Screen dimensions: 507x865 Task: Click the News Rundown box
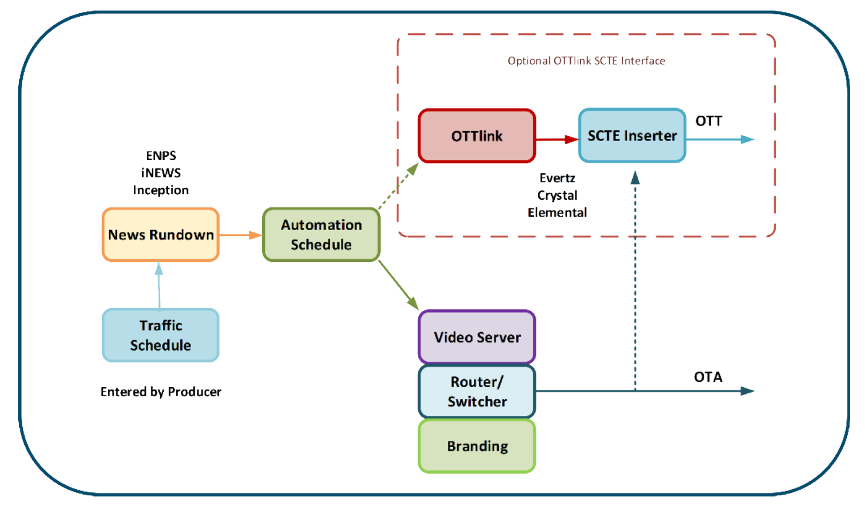161,235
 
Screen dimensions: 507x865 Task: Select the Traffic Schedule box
161,335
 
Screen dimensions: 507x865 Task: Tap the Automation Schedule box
321,235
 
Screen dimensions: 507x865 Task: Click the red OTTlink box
477,136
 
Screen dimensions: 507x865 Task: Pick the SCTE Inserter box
631,136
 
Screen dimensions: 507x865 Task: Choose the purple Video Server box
477,337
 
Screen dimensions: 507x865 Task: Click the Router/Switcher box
477,392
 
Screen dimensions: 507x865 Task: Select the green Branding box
477,446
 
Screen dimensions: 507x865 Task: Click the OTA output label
708,377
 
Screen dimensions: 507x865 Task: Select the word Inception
161,190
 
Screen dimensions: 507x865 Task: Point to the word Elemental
557,212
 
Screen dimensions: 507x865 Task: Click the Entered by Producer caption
161,391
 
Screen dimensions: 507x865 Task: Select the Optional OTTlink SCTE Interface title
586,61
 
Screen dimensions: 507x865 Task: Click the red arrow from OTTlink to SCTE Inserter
557,140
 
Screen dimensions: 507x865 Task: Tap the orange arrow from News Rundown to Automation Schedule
240,235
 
